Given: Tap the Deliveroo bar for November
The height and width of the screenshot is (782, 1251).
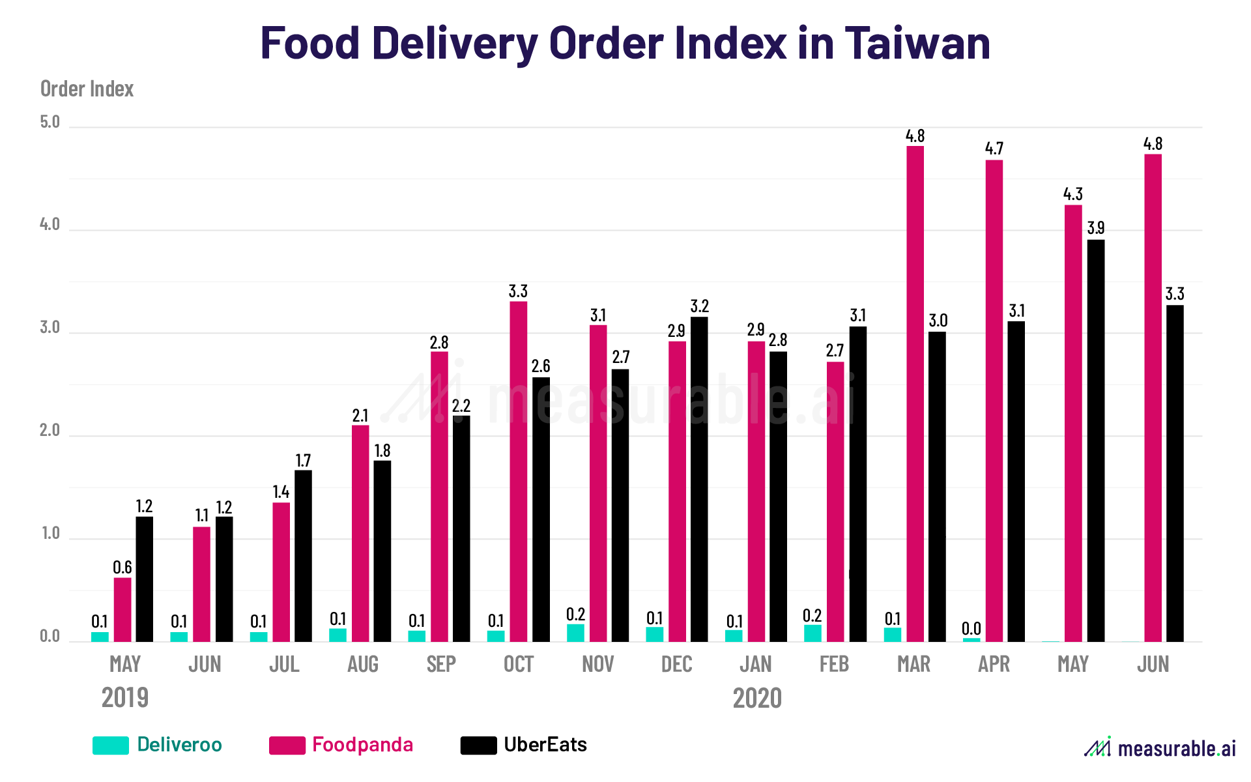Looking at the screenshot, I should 575,633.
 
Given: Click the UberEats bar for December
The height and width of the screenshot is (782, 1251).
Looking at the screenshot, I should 699,480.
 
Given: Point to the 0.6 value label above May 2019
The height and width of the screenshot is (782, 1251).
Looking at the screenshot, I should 122,568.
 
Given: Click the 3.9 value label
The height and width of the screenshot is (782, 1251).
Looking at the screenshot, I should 1096,228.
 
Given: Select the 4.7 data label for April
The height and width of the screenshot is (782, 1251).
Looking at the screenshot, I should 994,149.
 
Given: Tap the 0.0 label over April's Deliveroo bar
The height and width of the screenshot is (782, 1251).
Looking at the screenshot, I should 971,629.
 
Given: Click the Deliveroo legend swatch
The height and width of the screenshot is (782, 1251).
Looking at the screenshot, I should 111,746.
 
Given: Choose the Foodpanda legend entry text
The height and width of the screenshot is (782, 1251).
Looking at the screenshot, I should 362,745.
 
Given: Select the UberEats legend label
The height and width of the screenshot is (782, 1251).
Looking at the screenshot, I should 545,745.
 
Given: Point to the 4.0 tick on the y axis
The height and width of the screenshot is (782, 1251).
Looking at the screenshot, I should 50,225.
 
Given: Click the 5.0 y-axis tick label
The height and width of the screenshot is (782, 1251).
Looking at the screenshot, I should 50,122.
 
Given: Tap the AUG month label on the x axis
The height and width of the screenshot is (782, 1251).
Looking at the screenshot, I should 362,665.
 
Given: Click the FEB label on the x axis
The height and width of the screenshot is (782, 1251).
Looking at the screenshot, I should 834,665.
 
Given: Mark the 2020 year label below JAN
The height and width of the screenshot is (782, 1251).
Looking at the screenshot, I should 757,699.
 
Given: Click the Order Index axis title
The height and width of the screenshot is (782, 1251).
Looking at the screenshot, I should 87,89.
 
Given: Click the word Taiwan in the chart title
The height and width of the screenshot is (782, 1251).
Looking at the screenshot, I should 917,43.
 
